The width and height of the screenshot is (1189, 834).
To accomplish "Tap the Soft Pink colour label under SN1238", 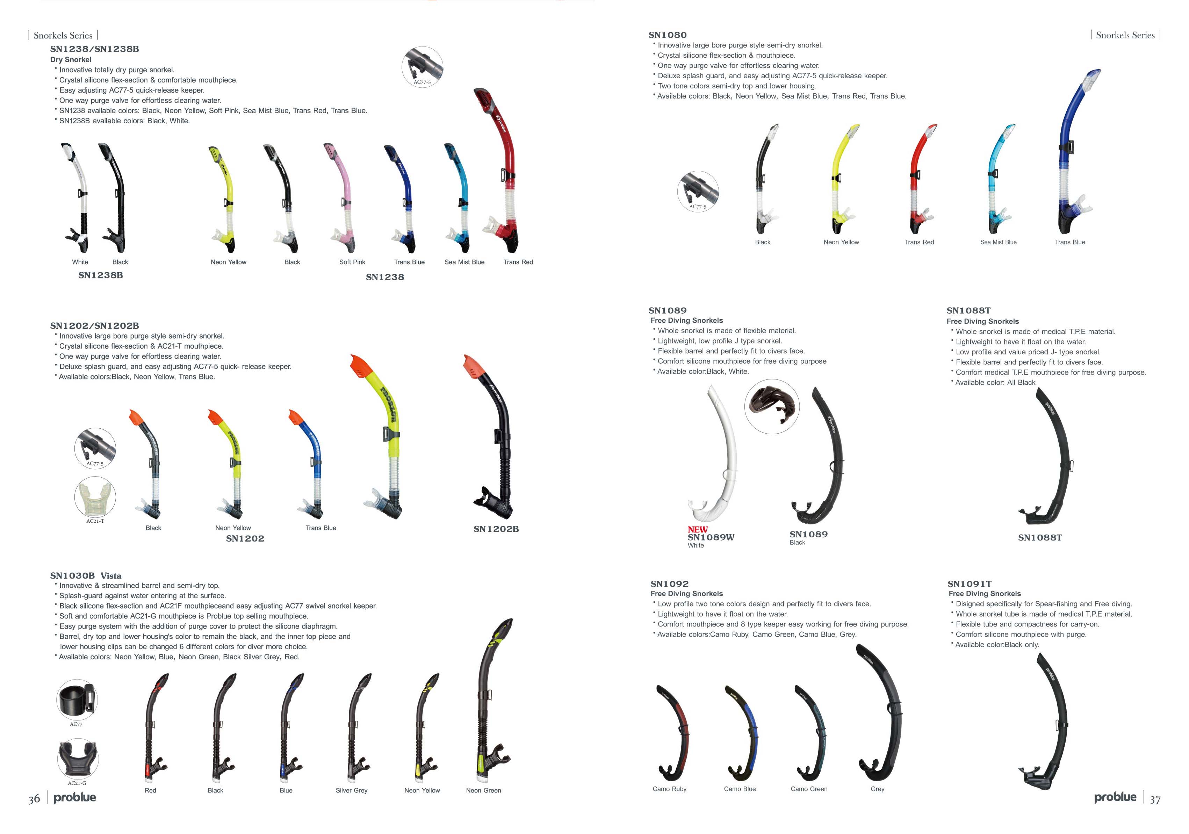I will click(x=352, y=262).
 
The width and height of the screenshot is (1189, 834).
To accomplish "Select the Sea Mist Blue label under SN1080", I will click(x=998, y=242).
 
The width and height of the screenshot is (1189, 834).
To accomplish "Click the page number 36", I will click(x=34, y=799).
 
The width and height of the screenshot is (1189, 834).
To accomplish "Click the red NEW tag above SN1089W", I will click(x=698, y=530).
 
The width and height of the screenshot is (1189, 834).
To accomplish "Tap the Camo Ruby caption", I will click(x=669, y=789).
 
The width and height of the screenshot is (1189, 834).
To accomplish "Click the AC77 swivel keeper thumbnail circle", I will click(x=77, y=699).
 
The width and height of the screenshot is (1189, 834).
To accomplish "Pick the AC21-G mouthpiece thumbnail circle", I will click(x=78, y=759).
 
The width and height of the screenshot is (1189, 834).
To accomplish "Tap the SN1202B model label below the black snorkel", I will click(x=496, y=529).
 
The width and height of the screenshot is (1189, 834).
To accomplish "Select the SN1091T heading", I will click(x=970, y=584).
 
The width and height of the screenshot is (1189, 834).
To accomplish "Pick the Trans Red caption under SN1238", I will click(x=518, y=262).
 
